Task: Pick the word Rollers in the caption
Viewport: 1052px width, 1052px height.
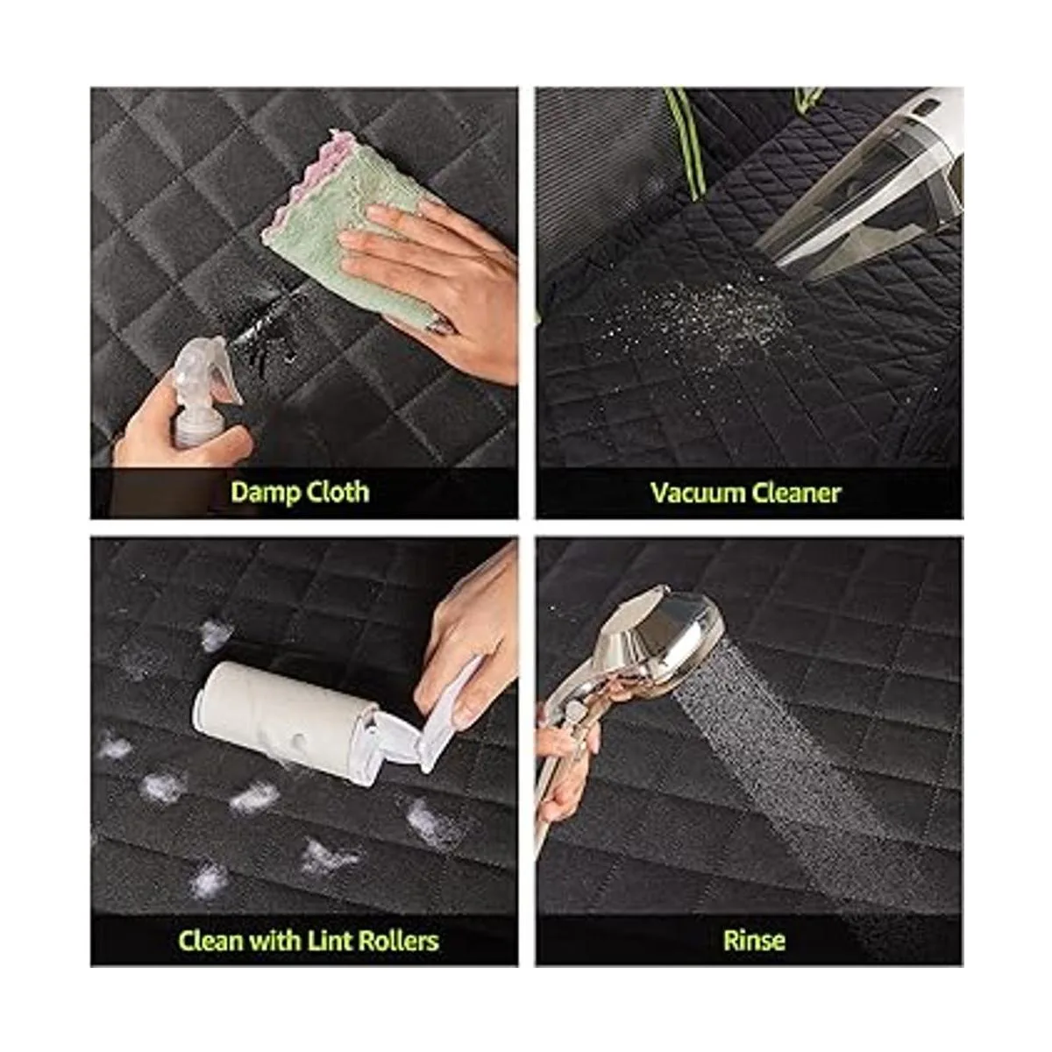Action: pos(399,941)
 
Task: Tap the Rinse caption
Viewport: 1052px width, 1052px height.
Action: pos(754,941)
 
